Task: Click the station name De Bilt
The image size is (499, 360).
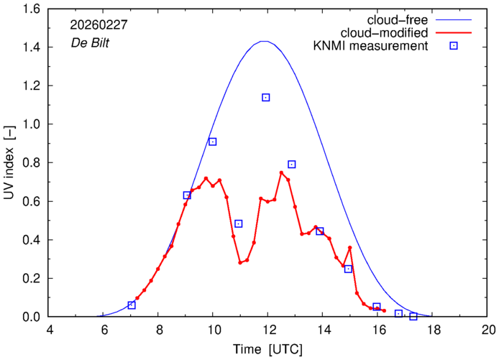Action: (90, 42)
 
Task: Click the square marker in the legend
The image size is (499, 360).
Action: (454, 47)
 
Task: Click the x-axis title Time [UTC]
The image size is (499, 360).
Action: (267, 349)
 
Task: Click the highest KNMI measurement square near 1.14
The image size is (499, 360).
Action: (266, 97)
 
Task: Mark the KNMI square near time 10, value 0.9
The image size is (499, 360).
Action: (213, 142)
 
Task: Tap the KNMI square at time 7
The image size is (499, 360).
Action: (132, 305)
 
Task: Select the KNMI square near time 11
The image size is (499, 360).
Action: (239, 223)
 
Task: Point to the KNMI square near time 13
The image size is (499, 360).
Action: (292, 164)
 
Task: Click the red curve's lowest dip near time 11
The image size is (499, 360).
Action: (240, 263)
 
